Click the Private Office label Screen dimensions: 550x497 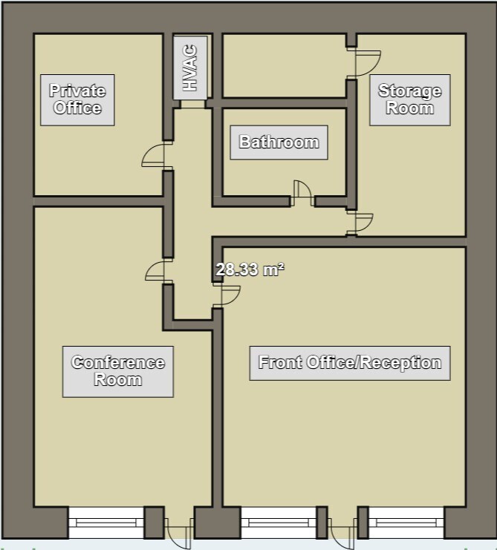click(x=77, y=99)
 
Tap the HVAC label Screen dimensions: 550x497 click(x=190, y=68)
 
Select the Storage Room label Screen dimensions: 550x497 click(x=409, y=99)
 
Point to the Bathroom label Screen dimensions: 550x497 click(x=279, y=142)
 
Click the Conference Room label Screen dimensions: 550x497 click(x=117, y=371)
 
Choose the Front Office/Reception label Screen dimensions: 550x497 click(x=349, y=363)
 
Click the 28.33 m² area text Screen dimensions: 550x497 click(x=250, y=270)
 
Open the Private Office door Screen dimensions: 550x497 click(x=155, y=155)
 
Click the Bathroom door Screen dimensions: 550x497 click(x=302, y=193)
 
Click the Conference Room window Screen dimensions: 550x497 click(x=105, y=523)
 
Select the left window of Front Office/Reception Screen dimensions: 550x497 click(x=279, y=523)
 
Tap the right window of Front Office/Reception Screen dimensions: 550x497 click(x=406, y=523)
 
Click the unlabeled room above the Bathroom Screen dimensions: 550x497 click(x=284, y=65)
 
